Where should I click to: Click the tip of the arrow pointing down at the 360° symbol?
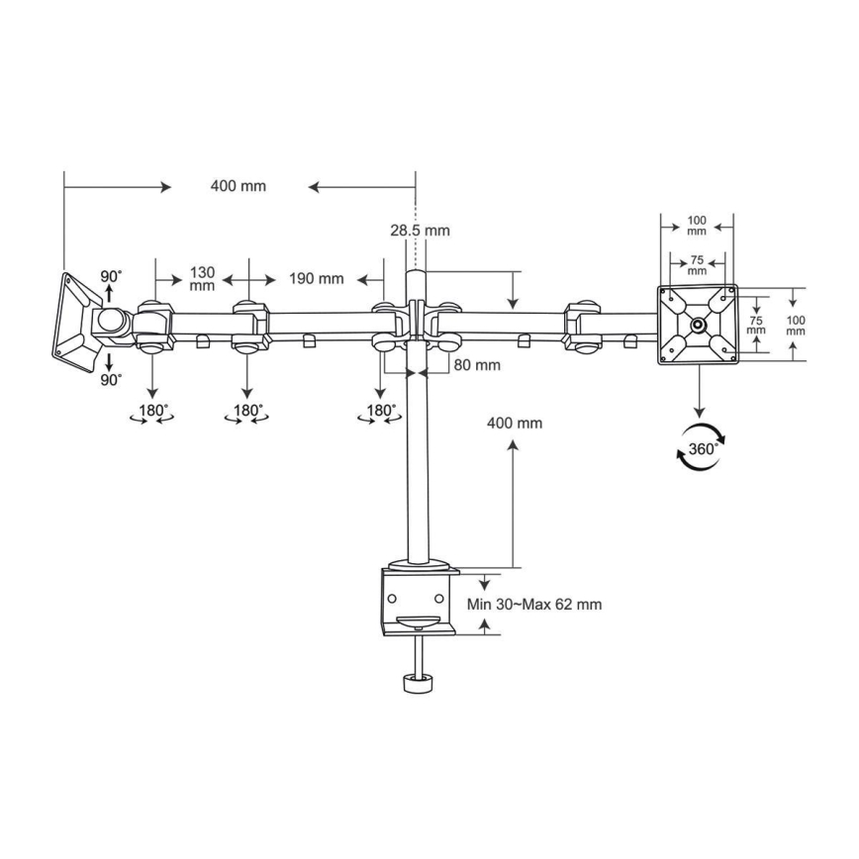699,418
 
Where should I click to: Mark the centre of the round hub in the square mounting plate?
698,325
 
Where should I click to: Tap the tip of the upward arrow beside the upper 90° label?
109,285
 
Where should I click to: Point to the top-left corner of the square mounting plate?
657,285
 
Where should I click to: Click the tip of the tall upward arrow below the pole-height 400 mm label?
513,440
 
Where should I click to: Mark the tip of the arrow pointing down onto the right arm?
513,309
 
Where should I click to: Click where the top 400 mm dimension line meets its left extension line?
64,187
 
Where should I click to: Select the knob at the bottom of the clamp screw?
418,684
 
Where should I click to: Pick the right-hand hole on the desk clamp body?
438,598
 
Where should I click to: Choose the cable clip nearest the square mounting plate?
630,341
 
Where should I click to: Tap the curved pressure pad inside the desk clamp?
418,621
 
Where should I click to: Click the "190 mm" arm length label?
316,279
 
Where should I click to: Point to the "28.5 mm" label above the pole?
421,231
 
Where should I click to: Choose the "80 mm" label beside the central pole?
477,365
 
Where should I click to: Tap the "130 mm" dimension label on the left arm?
202,279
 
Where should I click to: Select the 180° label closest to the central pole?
380,411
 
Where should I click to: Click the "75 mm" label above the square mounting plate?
697,265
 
